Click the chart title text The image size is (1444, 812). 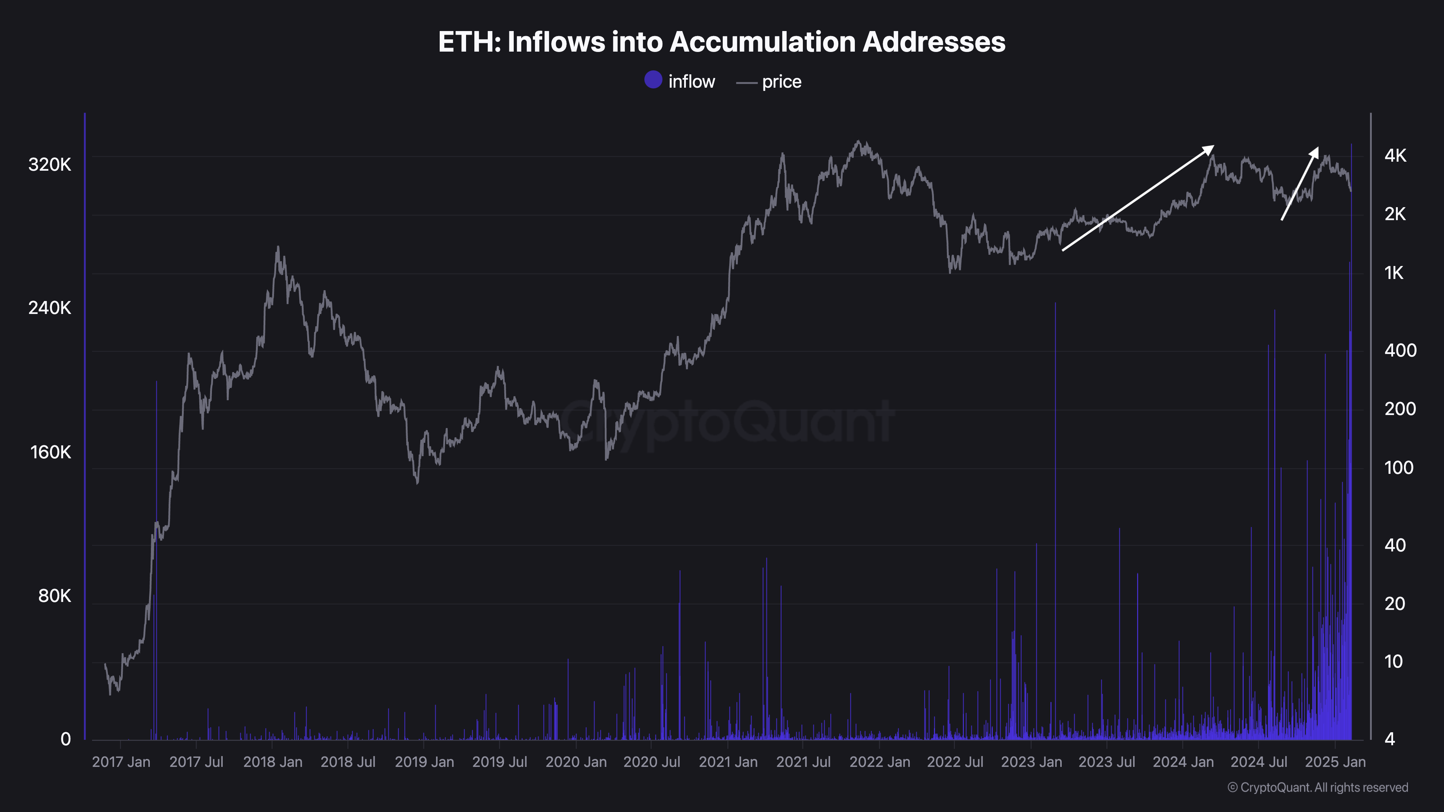[x=721, y=42]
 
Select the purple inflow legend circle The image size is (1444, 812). [x=653, y=80]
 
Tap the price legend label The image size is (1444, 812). [x=782, y=82]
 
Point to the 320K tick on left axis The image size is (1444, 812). [x=50, y=165]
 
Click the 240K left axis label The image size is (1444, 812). [x=50, y=307]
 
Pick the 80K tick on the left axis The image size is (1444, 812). [x=55, y=596]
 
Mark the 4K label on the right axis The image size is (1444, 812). [x=1395, y=156]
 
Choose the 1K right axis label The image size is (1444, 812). [x=1394, y=273]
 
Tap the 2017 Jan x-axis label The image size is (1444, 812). [x=121, y=762]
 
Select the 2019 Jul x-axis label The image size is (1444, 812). [x=500, y=762]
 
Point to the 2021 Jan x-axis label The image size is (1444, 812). [x=728, y=762]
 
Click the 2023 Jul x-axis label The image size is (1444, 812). [x=1106, y=762]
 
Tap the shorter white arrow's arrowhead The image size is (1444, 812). [x=1314, y=151]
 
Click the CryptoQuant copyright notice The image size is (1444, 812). [x=1317, y=787]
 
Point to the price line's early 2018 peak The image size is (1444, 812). [x=278, y=247]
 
